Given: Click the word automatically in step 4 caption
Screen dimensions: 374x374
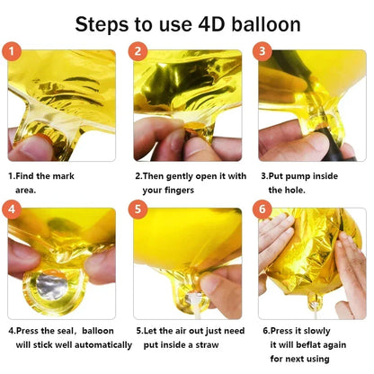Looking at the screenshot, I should (x=102, y=343).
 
